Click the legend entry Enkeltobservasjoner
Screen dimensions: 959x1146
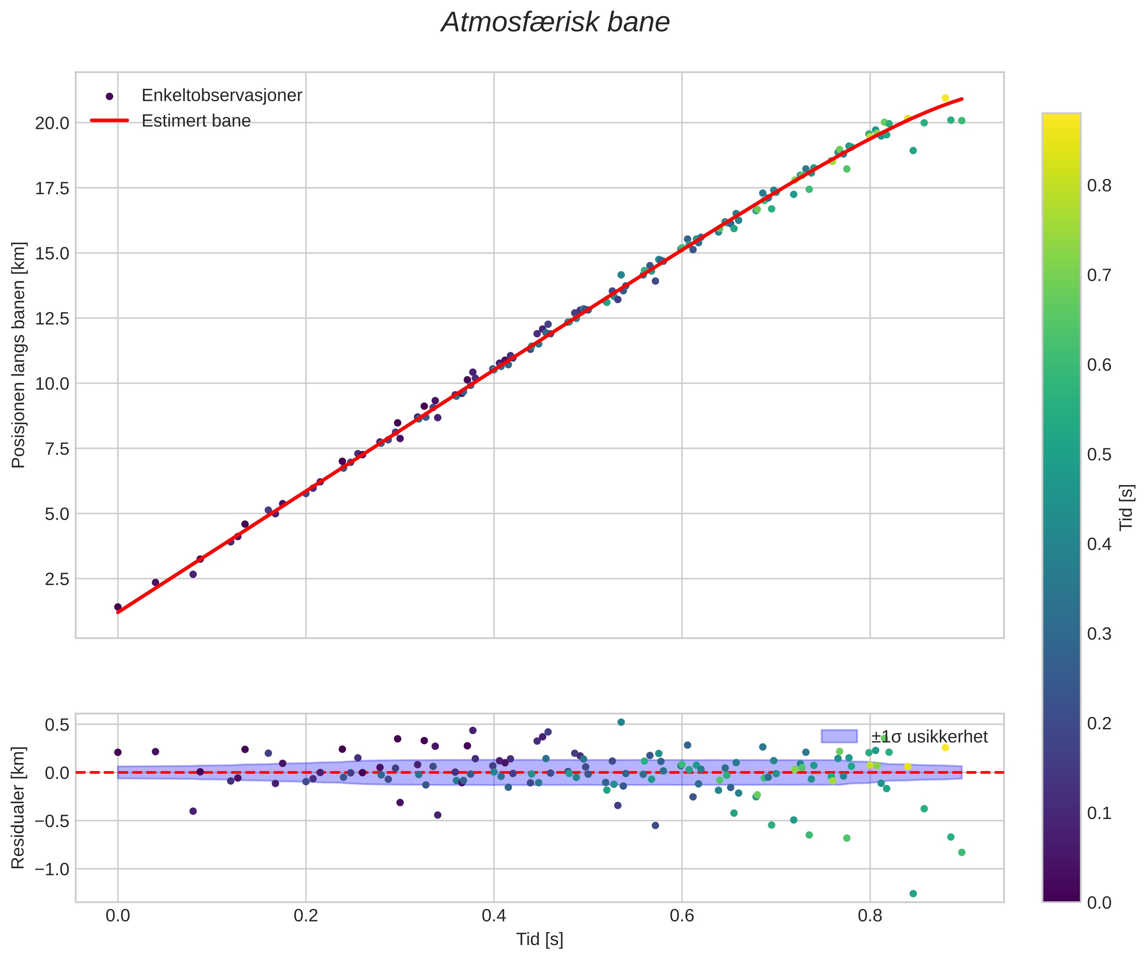click(x=221, y=96)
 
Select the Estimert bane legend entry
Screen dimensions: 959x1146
click(x=196, y=121)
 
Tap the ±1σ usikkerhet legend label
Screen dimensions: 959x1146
click(x=929, y=737)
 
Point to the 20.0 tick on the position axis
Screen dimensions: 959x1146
click(x=52, y=123)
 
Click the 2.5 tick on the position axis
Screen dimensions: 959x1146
click(x=57, y=579)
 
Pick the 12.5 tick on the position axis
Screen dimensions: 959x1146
click(x=52, y=318)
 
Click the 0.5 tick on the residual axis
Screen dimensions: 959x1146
click(x=57, y=725)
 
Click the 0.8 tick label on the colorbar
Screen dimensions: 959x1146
click(x=1099, y=186)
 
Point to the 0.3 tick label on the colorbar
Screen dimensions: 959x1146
click(x=1099, y=634)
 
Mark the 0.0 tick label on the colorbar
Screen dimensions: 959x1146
click(x=1099, y=903)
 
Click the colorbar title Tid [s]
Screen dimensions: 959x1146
click(x=1126, y=508)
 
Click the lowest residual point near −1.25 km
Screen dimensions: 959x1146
click(x=913, y=894)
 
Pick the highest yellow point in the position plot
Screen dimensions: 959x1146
click(x=945, y=98)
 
